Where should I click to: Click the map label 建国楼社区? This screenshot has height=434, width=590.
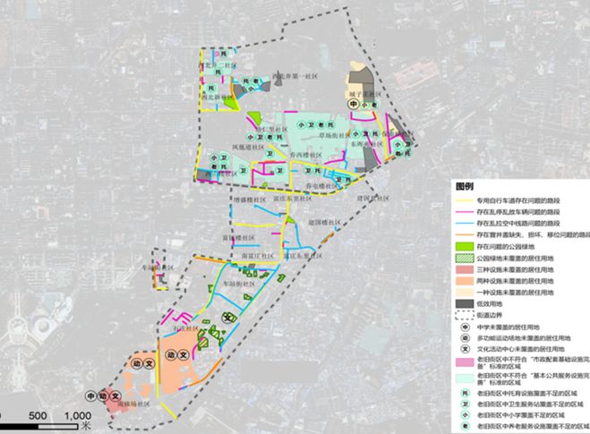(320, 222)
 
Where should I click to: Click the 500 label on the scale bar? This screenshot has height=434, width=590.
(38, 416)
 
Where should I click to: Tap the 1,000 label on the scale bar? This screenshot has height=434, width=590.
(78, 416)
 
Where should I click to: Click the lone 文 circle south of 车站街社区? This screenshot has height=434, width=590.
(227, 319)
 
